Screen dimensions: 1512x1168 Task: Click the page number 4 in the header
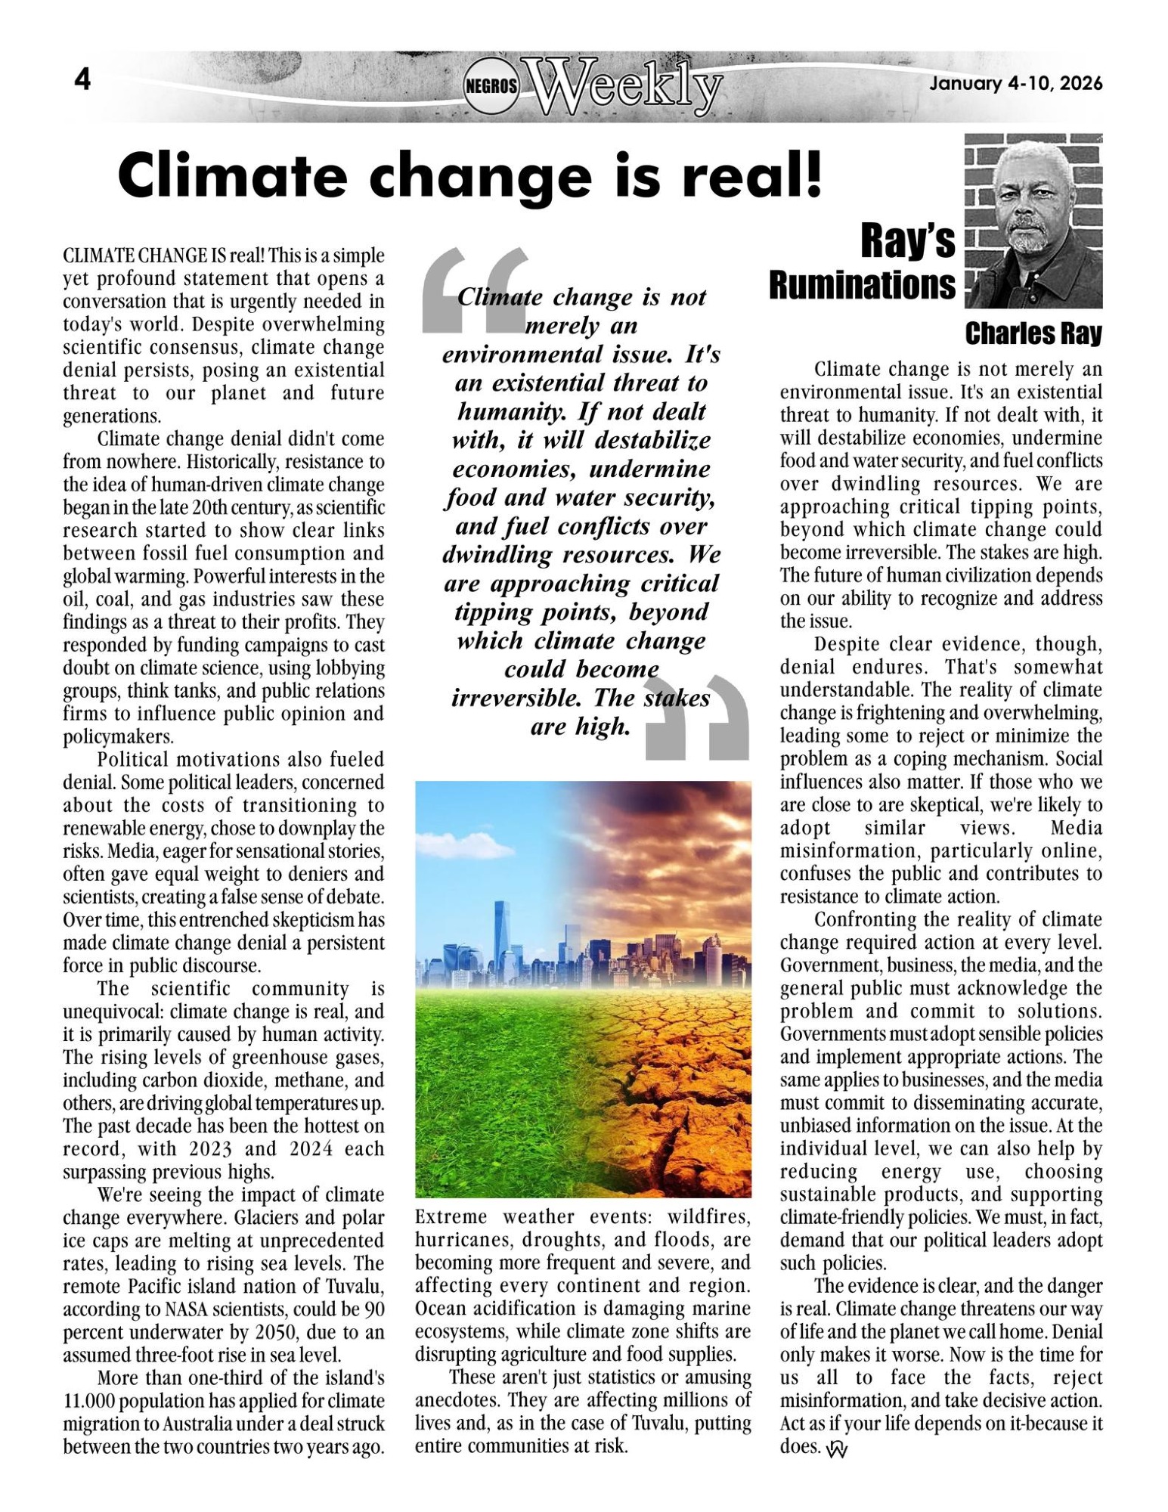[82, 79]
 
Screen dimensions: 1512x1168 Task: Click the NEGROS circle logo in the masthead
[491, 86]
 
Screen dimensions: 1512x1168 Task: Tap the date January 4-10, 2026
[1015, 83]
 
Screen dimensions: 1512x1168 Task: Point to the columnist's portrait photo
[1033, 221]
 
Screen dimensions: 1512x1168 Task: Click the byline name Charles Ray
[1033, 333]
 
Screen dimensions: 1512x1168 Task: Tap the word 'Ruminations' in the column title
[862, 286]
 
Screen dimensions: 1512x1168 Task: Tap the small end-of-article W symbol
[838, 1448]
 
